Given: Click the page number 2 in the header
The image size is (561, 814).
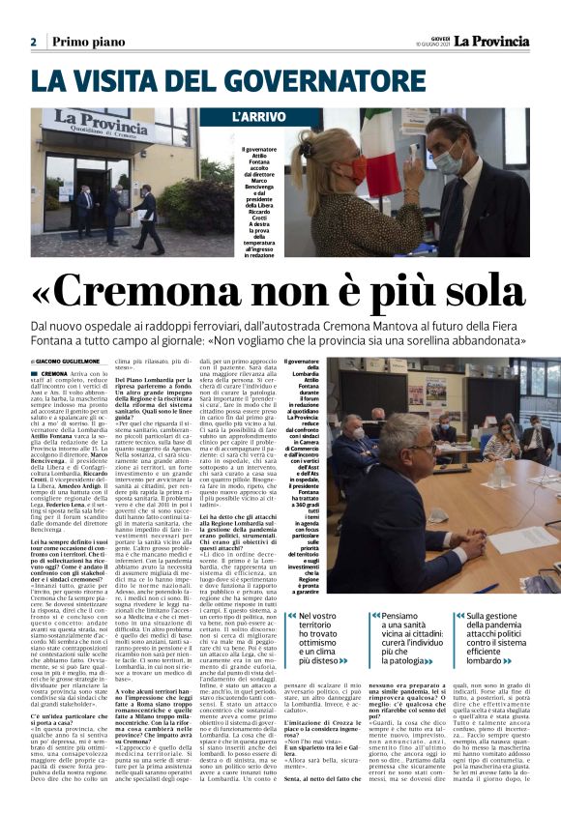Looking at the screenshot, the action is [x=33, y=43].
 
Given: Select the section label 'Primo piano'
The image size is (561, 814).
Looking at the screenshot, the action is [x=88, y=43].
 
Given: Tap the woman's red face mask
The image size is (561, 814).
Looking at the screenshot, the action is [x=358, y=170].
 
